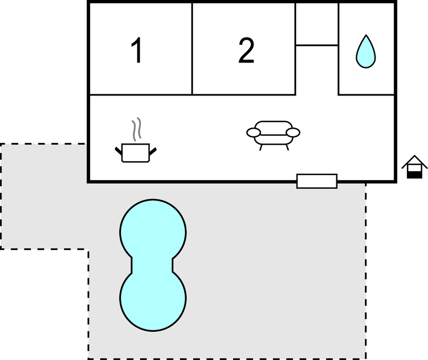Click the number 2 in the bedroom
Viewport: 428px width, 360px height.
[246, 50]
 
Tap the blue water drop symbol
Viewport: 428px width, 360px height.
[366, 51]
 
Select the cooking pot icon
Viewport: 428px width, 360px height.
[136, 153]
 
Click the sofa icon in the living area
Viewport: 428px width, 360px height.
[273, 135]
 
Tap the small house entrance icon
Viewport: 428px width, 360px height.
[414, 167]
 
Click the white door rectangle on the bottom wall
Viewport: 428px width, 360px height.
[317, 181]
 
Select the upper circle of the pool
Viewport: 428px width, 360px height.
[153, 232]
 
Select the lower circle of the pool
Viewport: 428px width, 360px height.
[153, 298]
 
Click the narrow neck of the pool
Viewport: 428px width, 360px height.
[152, 265]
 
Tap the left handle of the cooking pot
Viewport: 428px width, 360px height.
[119, 151]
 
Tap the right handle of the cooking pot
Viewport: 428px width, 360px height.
[153, 151]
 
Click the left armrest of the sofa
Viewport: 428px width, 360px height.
[253, 133]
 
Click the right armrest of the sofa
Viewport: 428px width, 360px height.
[293, 133]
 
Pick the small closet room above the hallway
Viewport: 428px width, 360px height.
[317, 24]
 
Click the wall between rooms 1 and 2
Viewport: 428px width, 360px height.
[192, 49]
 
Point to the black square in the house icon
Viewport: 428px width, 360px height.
[414, 174]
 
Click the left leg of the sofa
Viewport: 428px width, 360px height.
[261, 147]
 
